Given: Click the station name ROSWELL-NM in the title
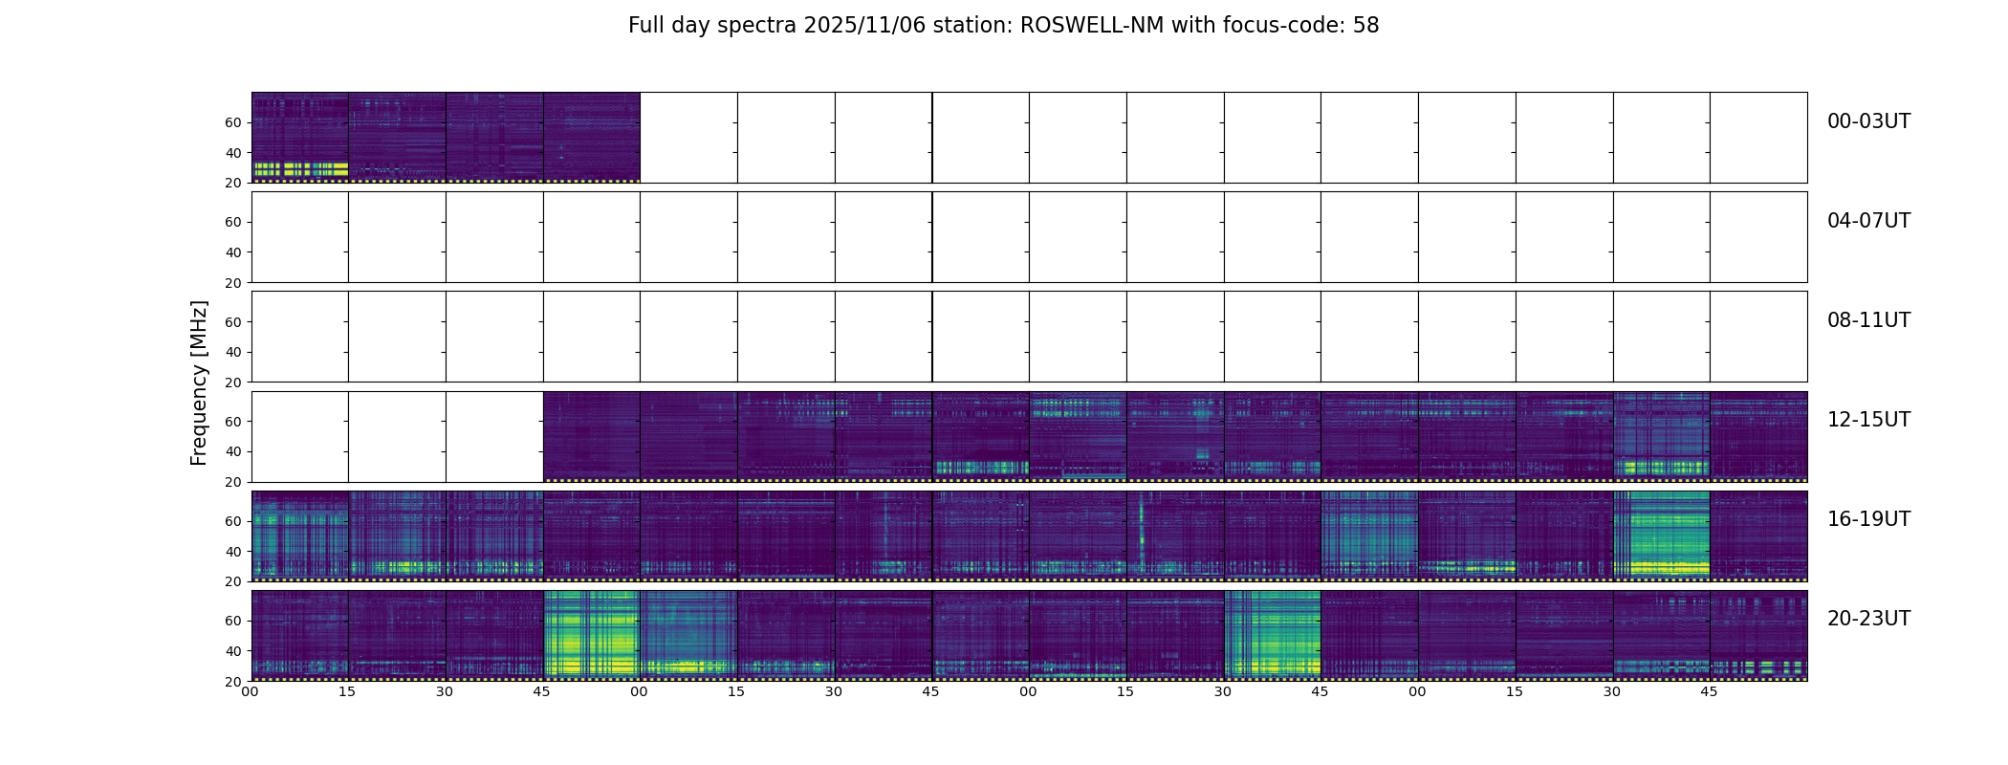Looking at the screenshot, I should pyautogui.click(x=1092, y=26).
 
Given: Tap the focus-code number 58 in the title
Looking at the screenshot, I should pyautogui.click(x=1365, y=26).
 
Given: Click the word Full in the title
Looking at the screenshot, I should pyautogui.click(x=646, y=26).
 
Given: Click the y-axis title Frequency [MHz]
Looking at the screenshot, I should pyautogui.click(x=199, y=382).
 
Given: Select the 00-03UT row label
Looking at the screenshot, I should pyautogui.click(x=1868, y=121).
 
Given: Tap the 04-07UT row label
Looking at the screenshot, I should pyautogui.click(x=1868, y=221).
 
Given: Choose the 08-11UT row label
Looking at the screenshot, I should pyautogui.click(x=1868, y=320).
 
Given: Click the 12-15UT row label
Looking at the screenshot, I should pyautogui.click(x=1868, y=420).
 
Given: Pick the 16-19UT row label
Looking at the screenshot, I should pyautogui.click(x=1868, y=519).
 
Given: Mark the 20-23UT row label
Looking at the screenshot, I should pyautogui.click(x=1868, y=619).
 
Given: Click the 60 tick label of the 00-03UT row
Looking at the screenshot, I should pyautogui.click(x=233, y=122).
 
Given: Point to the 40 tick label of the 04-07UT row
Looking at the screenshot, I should pyautogui.click(x=233, y=252).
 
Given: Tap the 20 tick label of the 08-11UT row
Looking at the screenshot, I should pyautogui.click(x=233, y=382).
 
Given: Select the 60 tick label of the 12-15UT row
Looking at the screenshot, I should pyautogui.click(x=233, y=422).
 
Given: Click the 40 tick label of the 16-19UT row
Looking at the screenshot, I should pyautogui.click(x=233, y=552).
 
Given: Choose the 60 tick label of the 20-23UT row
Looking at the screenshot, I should pyautogui.click(x=233, y=621).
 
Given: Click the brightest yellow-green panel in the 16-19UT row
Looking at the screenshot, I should pyautogui.click(x=1662, y=535).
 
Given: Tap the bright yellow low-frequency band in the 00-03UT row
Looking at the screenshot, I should pyautogui.click(x=300, y=169).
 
